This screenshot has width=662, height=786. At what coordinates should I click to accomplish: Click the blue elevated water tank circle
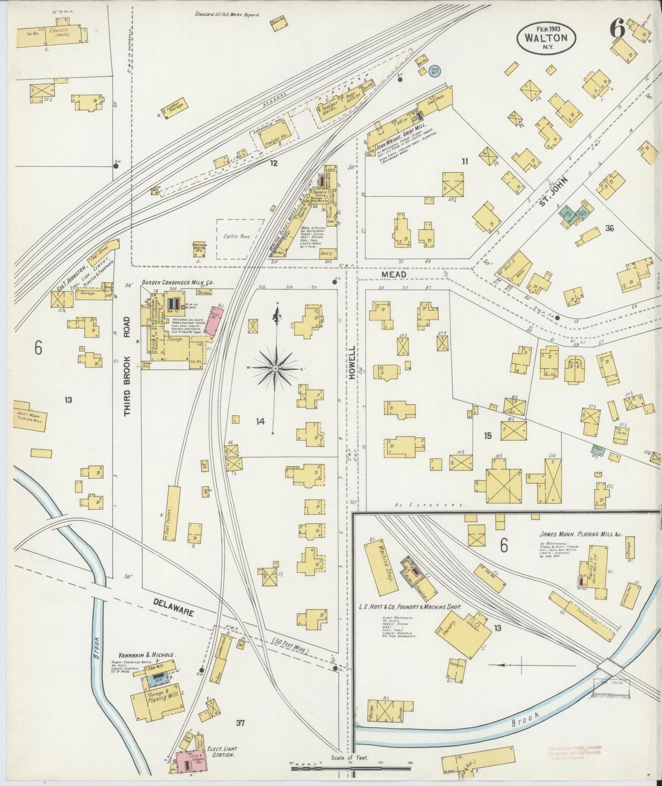point(434,71)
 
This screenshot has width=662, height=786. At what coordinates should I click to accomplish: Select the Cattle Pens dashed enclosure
point(240,238)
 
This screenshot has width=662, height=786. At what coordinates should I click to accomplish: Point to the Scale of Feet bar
point(351,764)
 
